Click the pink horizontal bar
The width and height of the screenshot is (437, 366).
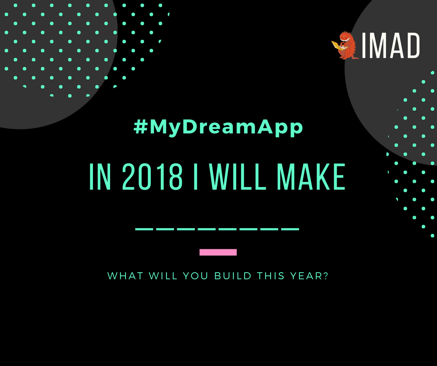pyautogui.click(x=218, y=252)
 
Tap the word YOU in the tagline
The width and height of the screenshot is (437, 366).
pyautogui.click(x=197, y=276)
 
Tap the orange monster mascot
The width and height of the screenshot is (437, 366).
pyautogui.click(x=346, y=46)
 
